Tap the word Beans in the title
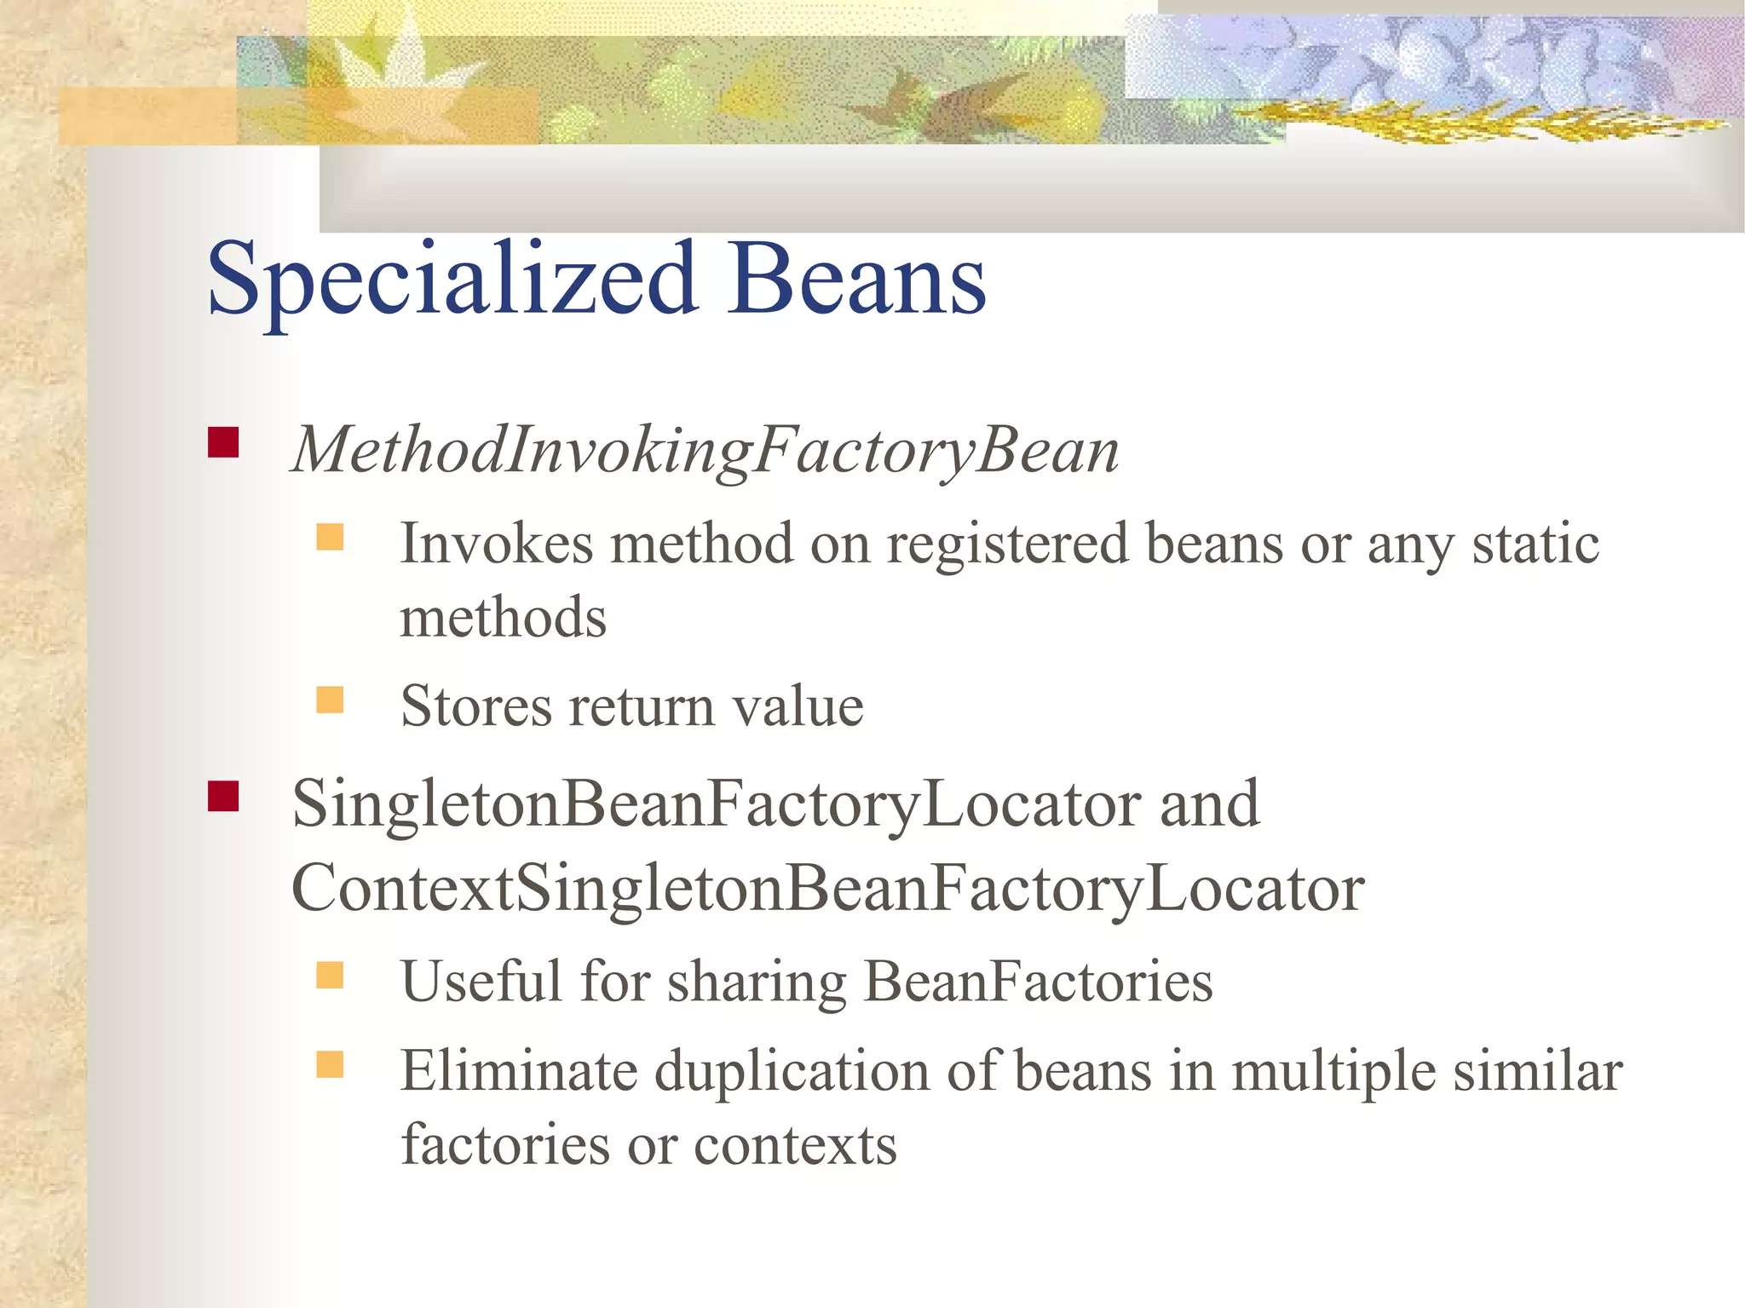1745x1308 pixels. coord(856,279)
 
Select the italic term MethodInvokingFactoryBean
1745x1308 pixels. coord(705,450)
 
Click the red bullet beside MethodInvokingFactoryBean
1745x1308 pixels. coord(223,442)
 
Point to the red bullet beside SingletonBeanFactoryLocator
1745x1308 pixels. coord(223,796)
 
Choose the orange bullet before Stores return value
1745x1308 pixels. coord(330,700)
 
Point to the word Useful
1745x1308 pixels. coord(481,981)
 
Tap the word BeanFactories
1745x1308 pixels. coord(1038,981)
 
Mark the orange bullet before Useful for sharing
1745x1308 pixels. coord(330,975)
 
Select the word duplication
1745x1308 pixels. coord(792,1072)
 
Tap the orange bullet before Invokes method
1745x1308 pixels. coord(330,537)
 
